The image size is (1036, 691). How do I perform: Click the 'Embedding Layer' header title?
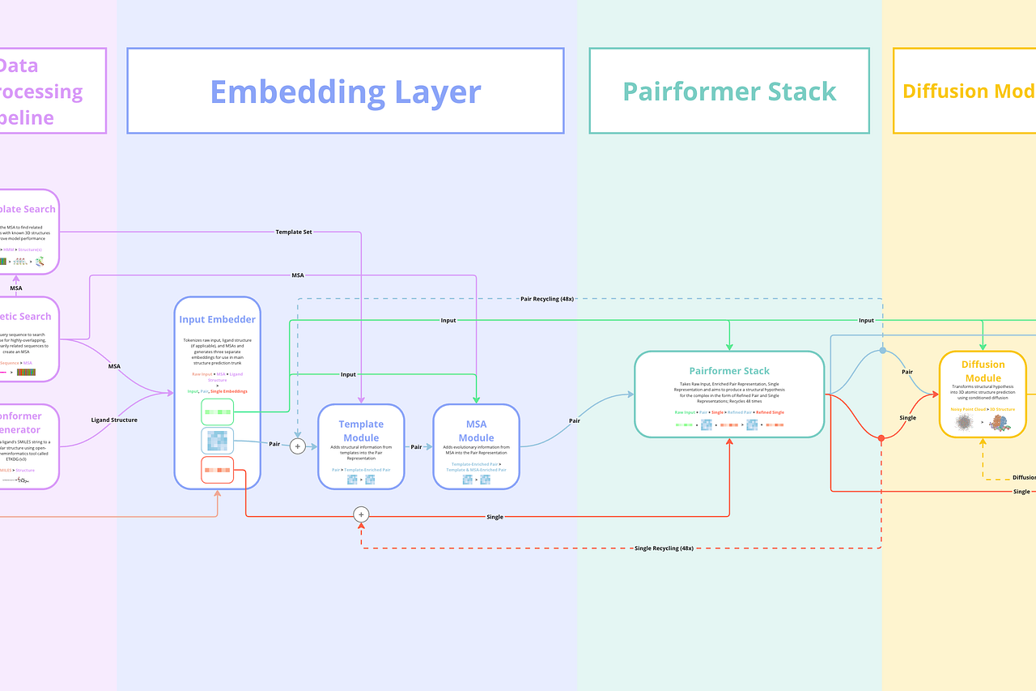pyautogui.click(x=346, y=92)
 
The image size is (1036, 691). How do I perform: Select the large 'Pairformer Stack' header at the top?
pyautogui.click(x=729, y=92)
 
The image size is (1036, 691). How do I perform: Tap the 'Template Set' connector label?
pyautogui.click(x=295, y=232)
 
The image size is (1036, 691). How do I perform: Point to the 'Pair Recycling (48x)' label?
pyautogui.click(x=547, y=299)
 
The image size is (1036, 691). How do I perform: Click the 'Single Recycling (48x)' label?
pyautogui.click(x=663, y=548)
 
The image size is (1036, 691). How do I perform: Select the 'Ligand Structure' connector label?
pyautogui.click(x=114, y=420)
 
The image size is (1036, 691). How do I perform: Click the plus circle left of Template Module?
pyautogui.click(x=298, y=446)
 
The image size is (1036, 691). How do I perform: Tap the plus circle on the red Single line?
pyautogui.click(x=361, y=514)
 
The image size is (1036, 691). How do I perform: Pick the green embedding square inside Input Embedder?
pyautogui.click(x=217, y=412)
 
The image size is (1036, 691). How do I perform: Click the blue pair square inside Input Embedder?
pyautogui.click(x=217, y=441)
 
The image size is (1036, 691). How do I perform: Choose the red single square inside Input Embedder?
pyautogui.click(x=217, y=470)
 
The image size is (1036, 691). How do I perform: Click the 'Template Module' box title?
pyautogui.click(x=361, y=431)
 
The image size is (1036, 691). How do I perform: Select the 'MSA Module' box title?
pyautogui.click(x=476, y=431)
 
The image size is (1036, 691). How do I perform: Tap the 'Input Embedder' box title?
pyautogui.click(x=217, y=319)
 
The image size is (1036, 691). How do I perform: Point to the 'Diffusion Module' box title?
pyautogui.click(x=983, y=371)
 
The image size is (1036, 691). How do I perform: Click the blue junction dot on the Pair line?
pyautogui.click(x=882, y=351)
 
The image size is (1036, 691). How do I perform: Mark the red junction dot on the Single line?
pyautogui.click(x=881, y=438)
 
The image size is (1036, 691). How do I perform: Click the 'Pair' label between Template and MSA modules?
pyautogui.click(x=416, y=446)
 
